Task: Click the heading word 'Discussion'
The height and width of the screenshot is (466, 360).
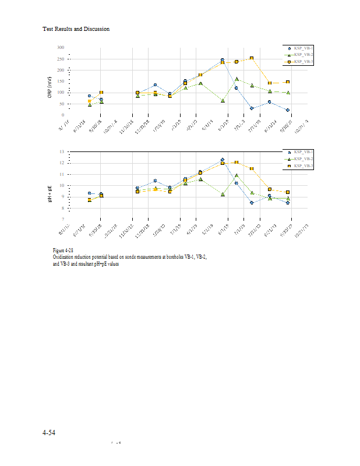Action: pos(96,29)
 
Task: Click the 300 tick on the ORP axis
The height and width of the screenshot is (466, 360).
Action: pos(61,47)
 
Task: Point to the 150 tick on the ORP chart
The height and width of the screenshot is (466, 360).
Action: pos(61,81)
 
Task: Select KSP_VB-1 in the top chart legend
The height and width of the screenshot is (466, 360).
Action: pos(303,48)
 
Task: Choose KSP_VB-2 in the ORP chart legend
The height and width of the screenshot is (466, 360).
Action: pos(303,54)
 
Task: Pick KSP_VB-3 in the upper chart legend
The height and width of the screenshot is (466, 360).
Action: pos(303,61)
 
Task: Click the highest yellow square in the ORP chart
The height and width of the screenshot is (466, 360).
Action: pos(252,58)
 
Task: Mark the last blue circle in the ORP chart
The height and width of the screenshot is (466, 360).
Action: pos(288,110)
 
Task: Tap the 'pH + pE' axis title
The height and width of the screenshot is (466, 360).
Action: pos(51,187)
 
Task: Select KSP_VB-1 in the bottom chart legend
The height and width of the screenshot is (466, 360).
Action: pos(303,152)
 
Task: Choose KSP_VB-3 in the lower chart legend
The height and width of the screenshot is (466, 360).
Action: pos(303,166)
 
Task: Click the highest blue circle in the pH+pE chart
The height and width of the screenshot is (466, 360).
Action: pos(223,160)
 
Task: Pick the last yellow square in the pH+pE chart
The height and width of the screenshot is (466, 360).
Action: pos(288,192)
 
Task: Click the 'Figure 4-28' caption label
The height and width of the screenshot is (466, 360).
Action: pos(63,250)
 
